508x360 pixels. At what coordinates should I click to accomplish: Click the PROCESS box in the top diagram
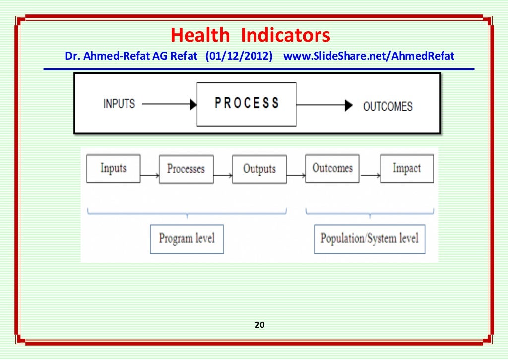[247, 104]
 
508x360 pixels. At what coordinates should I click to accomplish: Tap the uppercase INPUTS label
[119, 104]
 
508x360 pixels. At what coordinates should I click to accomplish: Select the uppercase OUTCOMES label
[387, 106]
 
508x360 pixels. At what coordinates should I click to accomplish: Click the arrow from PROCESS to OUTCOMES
[324, 105]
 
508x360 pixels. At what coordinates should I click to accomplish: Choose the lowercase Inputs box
[113, 168]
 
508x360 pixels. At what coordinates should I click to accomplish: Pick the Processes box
[186, 169]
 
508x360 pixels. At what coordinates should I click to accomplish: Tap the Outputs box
[259, 169]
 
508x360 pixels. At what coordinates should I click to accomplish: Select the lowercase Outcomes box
[332, 168]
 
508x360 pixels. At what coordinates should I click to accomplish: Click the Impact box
[407, 169]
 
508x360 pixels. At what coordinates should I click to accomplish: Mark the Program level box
[187, 239]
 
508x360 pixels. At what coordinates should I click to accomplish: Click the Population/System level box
[370, 239]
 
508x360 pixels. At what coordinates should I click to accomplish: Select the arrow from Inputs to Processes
[150, 175]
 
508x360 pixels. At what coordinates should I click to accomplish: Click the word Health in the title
[200, 36]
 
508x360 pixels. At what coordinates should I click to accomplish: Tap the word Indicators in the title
[286, 36]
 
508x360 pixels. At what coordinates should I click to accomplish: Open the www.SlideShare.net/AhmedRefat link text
[369, 56]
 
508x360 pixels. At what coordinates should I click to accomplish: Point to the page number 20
[259, 325]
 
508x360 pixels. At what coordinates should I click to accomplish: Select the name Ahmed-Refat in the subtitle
[110, 56]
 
